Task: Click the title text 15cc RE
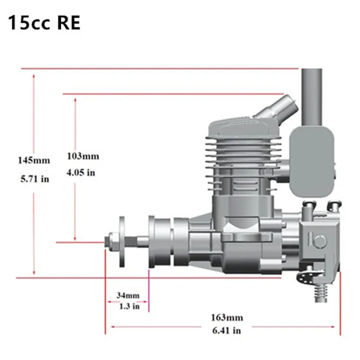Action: click(x=44, y=23)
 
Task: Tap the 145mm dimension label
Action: click(x=34, y=160)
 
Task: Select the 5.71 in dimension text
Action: click(x=34, y=179)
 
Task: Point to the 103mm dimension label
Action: click(x=82, y=157)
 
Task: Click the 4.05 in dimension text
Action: click(x=81, y=172)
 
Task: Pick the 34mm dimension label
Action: click(x=128, y=296)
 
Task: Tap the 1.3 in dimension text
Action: click(x=128, y=306)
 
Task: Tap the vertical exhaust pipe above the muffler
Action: click(x=311, y=97)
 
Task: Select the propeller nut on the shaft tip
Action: click(x=110, y=241)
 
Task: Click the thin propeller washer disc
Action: click(x=122, y=241)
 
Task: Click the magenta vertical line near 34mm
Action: click(x=148, y=290)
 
